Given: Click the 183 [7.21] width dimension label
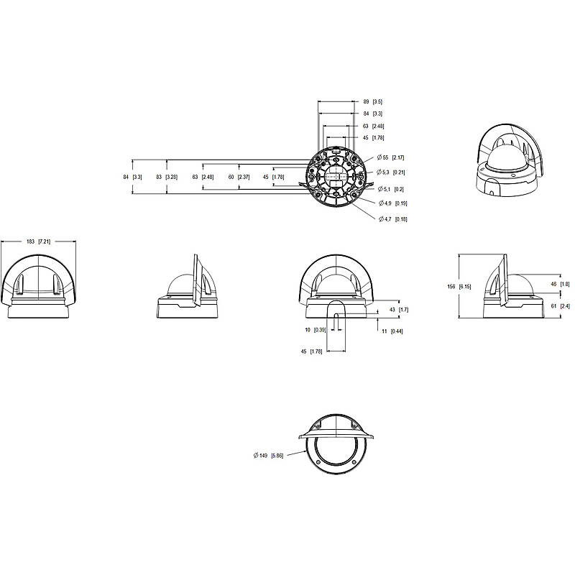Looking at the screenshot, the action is pos(39,241).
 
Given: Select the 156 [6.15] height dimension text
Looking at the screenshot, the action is pos(459,286).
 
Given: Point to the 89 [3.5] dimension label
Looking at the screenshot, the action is pos(372,101).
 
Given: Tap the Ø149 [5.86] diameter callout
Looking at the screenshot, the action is pos(268,456).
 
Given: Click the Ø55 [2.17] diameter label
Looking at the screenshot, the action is pos(390,157).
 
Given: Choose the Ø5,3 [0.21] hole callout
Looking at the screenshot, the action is pos(390,172).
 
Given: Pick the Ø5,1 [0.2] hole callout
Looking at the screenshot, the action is pos(391,189).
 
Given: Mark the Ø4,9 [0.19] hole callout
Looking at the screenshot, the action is pos(392,203).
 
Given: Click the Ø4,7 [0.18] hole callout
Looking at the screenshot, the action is pos(392,219).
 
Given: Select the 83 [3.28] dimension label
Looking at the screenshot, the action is pos(167,177).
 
